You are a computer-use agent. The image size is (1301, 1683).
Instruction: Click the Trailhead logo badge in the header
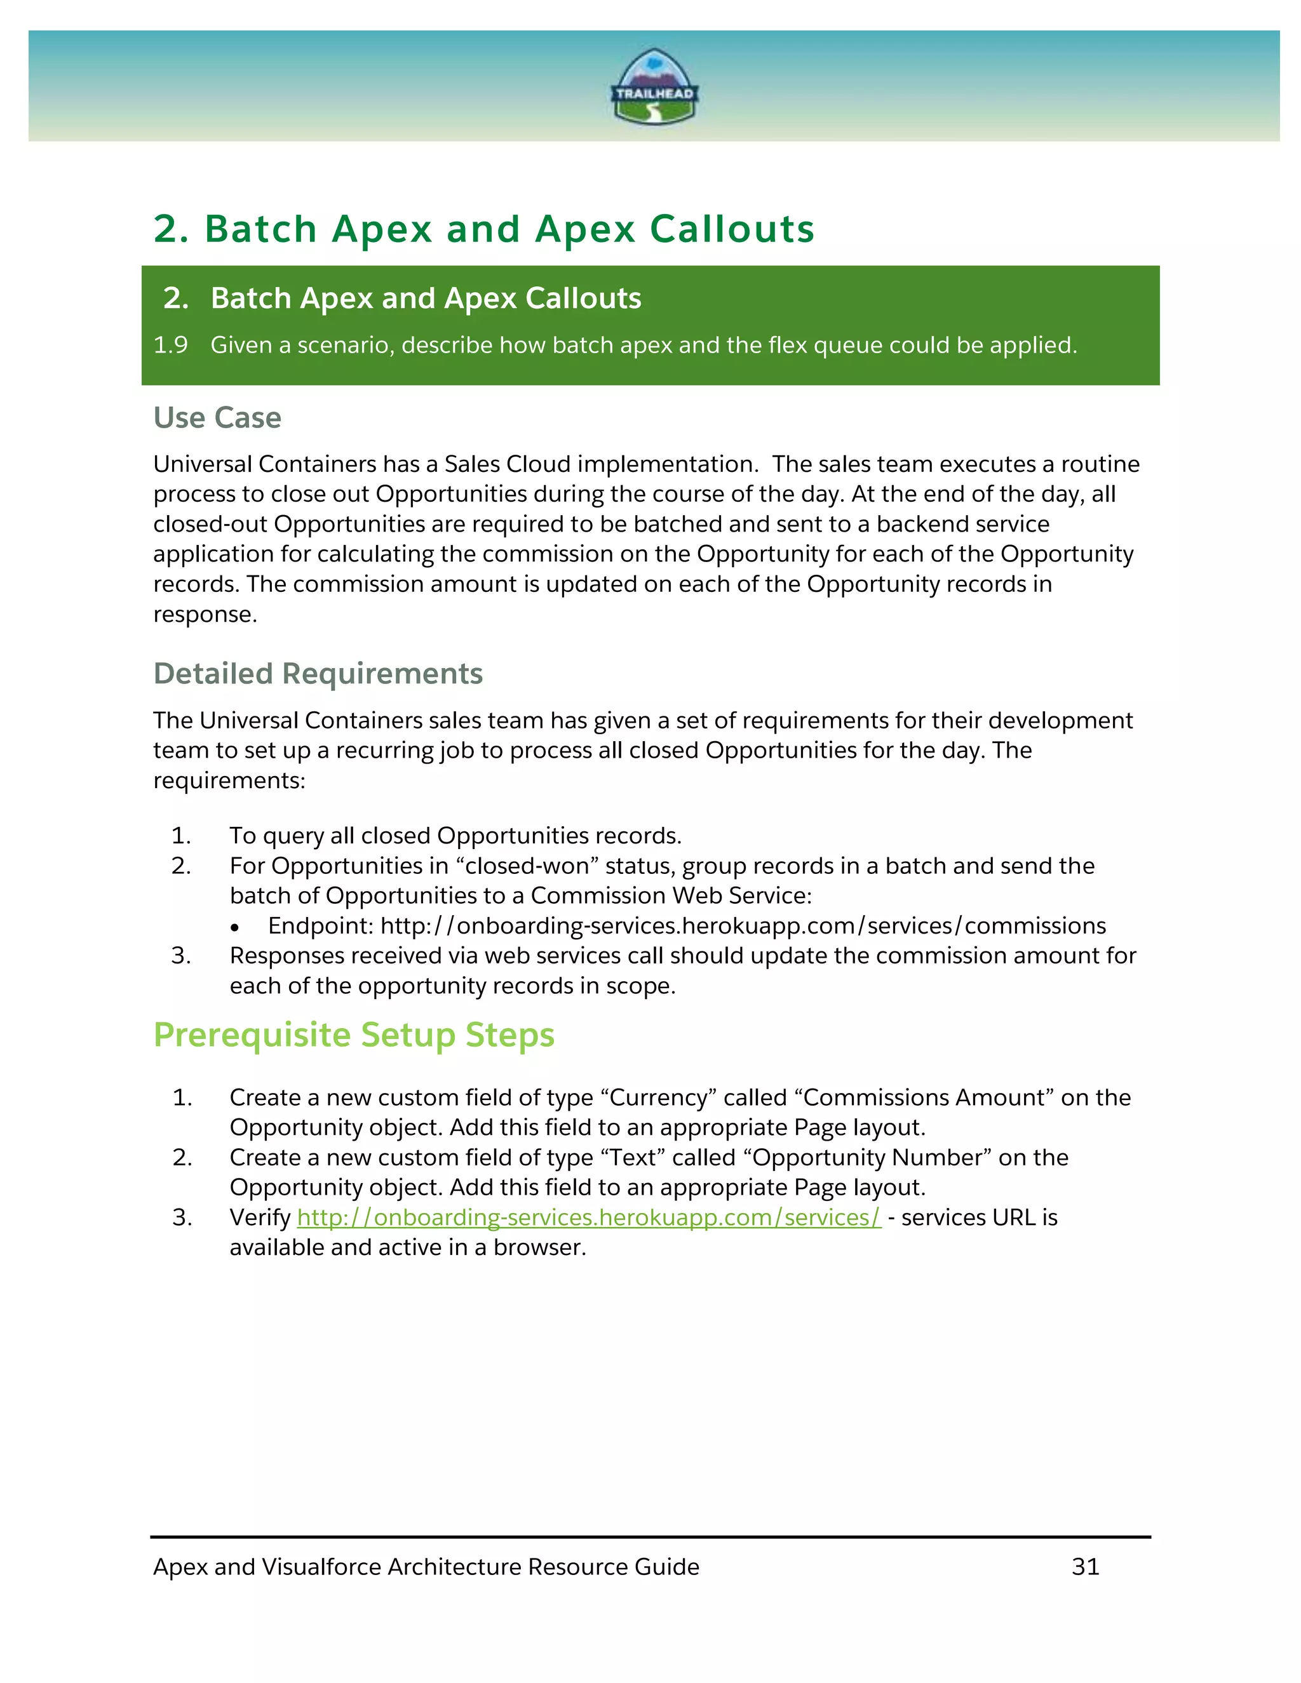click(x=654, y=86)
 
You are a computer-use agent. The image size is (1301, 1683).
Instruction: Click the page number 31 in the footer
click(x=1085, y=1567)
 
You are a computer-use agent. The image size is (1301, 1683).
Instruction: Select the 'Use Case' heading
click(x=217, y=418)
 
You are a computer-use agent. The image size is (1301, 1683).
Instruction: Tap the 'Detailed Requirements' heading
click(x=318, y=673)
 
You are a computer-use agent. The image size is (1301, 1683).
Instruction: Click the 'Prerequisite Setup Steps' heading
click(x=354, y=1035)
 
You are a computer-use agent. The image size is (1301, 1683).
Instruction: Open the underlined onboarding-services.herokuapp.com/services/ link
click(x=589, y=1217)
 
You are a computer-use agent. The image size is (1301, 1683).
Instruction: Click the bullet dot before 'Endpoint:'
click(x=234, y=928)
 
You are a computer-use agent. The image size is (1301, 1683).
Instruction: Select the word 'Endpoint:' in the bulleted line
click(x=321, y=925)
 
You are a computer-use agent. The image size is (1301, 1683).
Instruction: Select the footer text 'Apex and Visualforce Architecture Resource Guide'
click(x=426, y=1567)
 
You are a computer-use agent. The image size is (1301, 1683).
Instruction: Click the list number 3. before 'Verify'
click(x=182, y=1217)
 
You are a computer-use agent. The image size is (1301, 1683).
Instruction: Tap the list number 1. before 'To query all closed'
click(x=181, y=836)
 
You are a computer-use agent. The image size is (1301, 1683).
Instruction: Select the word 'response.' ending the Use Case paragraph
click(x=205, y=614)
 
